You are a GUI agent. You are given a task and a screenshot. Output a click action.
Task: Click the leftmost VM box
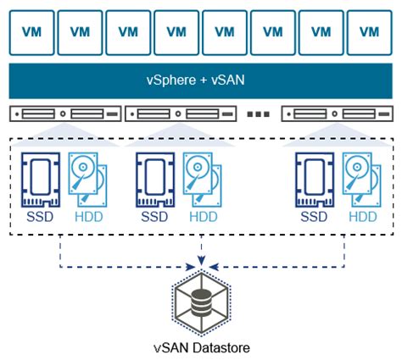coord(31,33)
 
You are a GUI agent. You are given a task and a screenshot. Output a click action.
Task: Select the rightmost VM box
coord(370,33)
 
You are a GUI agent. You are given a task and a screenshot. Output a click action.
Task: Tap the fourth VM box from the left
coord(176,33)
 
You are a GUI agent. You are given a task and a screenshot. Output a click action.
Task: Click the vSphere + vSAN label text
coord(195,80)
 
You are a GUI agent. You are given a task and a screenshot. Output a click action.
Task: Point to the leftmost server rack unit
coord(65,114)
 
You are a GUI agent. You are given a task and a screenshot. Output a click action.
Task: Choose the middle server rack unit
coord(181,114)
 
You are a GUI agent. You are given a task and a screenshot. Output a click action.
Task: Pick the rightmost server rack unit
coord(337,114)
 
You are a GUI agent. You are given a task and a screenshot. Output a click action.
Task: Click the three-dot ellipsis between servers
coord(259,114)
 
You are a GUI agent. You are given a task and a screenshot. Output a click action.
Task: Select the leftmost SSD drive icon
coord(41,180)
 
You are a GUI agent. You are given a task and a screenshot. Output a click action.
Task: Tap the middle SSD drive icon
coord(155,180)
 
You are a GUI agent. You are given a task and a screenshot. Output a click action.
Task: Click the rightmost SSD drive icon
coord(315,180)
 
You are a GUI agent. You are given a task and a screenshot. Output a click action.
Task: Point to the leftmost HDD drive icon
coord(87,180)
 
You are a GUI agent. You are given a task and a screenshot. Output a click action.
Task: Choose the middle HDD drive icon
coord(202,180)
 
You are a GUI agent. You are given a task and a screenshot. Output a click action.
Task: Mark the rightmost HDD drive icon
coord(361,180)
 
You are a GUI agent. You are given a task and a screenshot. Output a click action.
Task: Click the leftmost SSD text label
coord(40,217)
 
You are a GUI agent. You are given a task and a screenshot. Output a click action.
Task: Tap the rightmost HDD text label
coord(363,217)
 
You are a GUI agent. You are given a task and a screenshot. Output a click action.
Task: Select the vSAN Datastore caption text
coord(202,347)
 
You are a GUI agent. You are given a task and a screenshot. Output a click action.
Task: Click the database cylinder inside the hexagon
coord(201,303)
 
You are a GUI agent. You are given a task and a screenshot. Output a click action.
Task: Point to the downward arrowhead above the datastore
coord(201,260)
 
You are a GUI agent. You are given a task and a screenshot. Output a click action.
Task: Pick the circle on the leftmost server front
coord(63,114)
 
